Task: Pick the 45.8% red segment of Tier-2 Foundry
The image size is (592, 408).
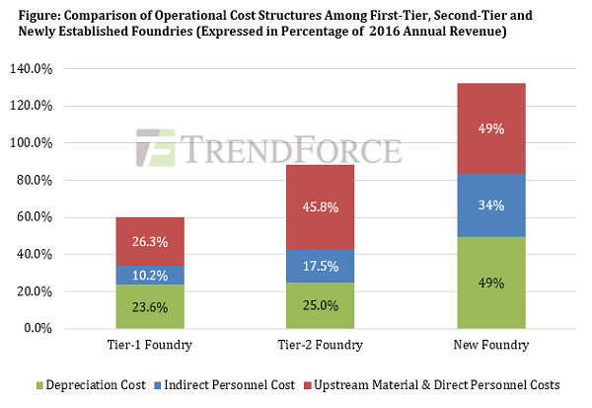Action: [x=321, y=207]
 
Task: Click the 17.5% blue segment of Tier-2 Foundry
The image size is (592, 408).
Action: [x=321, y=266]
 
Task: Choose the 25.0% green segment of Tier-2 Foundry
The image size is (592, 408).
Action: [x=321, y=305]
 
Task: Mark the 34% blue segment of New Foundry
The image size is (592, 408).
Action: [x=491, y=205]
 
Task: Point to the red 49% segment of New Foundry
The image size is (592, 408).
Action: [x=491, y=128]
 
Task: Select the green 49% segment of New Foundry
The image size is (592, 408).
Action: [x=491, y=283]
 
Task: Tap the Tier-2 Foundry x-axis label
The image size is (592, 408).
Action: [x=321, y=346]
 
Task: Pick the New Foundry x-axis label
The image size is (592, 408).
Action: [x=491, y=346]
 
